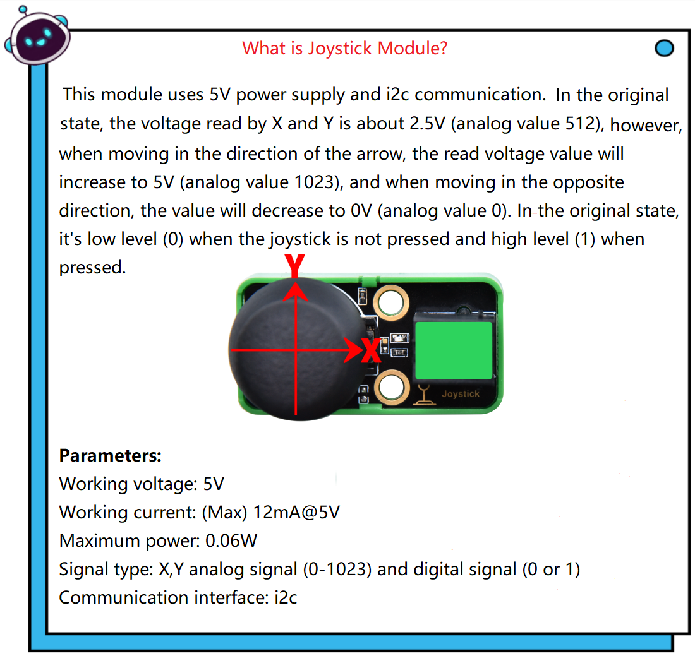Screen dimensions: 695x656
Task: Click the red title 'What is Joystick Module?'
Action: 344,48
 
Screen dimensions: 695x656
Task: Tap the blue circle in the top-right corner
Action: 664,48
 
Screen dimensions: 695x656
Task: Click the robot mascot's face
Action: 39,39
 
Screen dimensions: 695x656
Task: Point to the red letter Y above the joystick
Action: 295,265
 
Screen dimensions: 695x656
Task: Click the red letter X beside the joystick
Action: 371,350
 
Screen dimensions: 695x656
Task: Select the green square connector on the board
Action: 454,350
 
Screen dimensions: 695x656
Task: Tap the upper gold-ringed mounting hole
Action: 391,303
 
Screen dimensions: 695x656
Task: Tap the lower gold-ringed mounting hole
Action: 392,387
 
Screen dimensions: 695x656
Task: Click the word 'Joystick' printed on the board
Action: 461,394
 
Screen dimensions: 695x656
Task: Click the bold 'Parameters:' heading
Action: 111,455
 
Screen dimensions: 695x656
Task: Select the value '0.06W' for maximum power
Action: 231,540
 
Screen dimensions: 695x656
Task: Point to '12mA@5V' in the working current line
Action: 296,512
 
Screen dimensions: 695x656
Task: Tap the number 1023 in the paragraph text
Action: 314,182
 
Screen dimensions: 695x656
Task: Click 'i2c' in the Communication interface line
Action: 286,597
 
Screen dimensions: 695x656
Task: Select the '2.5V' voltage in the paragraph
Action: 427,124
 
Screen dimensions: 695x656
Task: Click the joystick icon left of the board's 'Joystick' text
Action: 425,394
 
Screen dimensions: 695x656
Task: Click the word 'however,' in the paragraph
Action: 646,125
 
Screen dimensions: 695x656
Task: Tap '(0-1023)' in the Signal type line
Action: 337,569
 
